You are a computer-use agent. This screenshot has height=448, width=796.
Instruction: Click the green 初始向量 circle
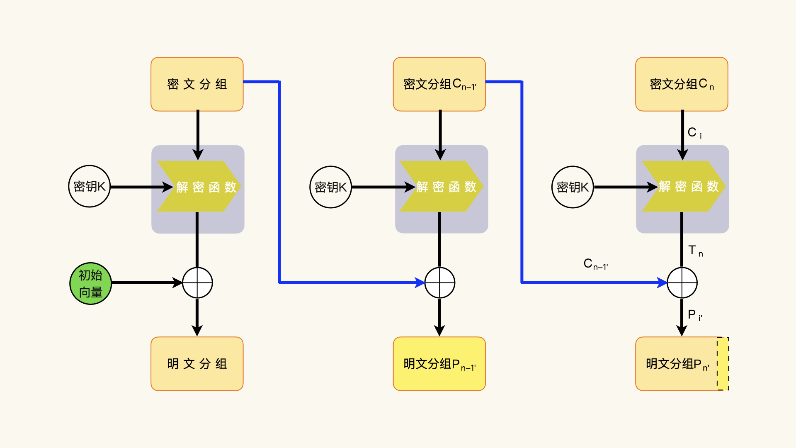point(90,283)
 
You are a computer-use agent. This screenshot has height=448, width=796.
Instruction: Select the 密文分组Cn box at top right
point(682,84)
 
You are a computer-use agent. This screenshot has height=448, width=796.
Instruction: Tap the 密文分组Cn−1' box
point(439,84)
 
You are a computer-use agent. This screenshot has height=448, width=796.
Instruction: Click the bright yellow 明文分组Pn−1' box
point(439,364)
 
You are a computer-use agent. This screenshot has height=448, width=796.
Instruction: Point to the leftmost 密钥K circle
point(89,187)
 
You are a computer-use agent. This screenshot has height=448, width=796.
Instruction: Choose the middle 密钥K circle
point(330,187)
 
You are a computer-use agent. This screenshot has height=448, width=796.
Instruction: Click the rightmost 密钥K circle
point(573,187)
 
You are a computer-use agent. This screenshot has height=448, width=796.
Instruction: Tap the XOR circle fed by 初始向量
point(197,283)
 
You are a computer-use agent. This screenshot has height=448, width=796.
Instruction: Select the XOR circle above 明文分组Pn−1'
point(440,283)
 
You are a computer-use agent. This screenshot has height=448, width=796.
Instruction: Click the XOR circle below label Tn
point(682,283)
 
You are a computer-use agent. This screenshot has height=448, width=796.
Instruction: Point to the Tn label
point(695,251)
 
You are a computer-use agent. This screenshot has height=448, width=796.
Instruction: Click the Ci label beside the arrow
point(694,133)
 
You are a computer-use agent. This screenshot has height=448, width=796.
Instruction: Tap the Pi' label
point(694,315)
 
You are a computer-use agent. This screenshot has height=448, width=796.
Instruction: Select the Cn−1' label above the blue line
point(595,264)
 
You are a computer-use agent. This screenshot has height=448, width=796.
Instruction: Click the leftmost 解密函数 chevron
point(199,187)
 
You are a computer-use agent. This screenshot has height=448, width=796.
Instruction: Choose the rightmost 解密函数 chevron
point(683,187)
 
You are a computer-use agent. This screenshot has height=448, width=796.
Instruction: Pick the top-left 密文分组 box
point(197,84)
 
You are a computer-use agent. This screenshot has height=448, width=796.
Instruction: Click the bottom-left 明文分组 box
point(197,364)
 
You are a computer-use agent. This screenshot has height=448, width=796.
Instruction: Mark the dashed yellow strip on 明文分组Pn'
point(723,364)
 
